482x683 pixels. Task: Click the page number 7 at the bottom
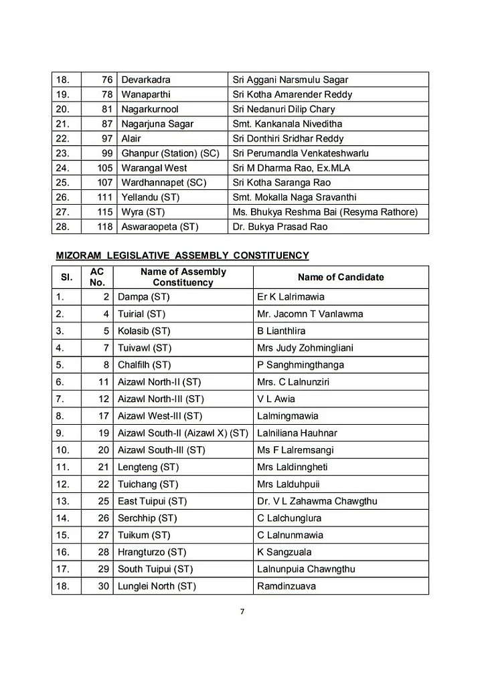[242, 610]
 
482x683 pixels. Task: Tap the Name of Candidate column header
[341, 277]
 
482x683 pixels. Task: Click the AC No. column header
[96, 277]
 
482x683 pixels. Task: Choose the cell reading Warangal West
[154, 168]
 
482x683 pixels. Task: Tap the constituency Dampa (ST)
[143, 296]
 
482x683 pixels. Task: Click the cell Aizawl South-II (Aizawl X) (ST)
[182, 433]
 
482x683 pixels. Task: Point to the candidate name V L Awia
[275, 399]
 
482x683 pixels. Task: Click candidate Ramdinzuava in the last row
[286, 586]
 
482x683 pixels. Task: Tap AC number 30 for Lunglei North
[104, 586]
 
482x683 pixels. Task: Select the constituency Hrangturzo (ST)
[152, 552]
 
